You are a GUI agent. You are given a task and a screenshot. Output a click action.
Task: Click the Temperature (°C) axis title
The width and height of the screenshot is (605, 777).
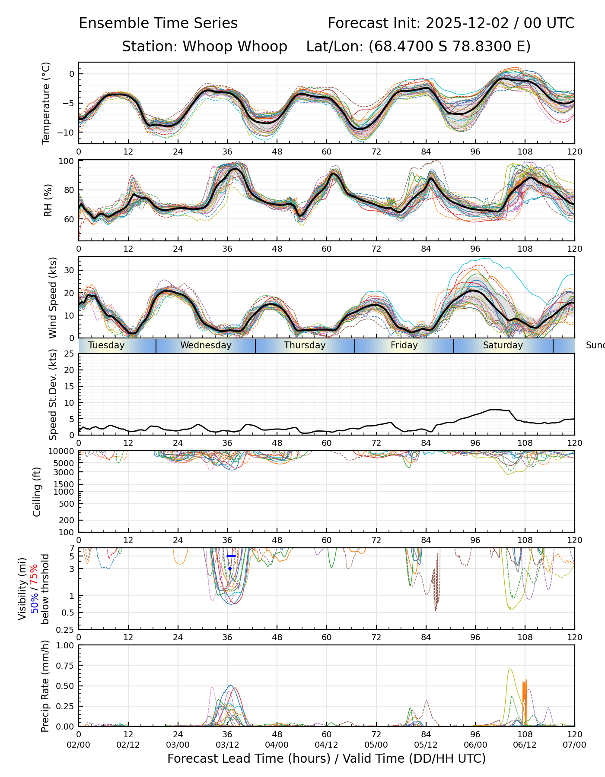tap(46, 103)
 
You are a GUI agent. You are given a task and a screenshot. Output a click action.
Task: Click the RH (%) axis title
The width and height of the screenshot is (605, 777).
tap(48, 200)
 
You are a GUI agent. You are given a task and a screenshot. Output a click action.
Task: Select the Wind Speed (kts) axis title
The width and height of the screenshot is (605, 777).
tap(53, 297)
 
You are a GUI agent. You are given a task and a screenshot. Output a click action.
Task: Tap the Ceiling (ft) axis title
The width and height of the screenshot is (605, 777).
tap(37, 492)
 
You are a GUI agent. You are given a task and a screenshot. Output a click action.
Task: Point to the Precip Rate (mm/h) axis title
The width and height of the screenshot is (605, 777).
tap(45, 686)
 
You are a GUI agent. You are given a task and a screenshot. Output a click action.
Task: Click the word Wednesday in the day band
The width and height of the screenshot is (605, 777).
tap(206, 345)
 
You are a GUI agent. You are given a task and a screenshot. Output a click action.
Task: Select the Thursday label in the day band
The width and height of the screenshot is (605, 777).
tap(305, 345)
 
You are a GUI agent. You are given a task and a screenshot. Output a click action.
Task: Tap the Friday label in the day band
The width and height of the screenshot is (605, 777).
tap(404, 345)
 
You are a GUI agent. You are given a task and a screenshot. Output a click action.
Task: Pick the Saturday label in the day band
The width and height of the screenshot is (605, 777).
tap(503, 345)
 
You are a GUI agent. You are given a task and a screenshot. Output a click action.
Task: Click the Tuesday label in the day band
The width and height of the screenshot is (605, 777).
tap(106, 345)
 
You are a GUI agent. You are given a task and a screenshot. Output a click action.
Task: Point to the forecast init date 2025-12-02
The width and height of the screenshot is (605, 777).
tap(467, 23)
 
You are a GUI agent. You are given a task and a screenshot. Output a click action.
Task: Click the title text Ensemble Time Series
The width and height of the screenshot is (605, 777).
tap(158, 23)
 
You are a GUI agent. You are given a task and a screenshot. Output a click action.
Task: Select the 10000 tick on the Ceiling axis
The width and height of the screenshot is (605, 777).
tap(62, 452)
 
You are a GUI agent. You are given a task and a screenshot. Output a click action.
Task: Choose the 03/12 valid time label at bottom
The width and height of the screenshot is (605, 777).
tap(227, 745)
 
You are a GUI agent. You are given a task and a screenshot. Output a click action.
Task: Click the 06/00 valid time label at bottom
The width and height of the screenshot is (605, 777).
tap(475, 745)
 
